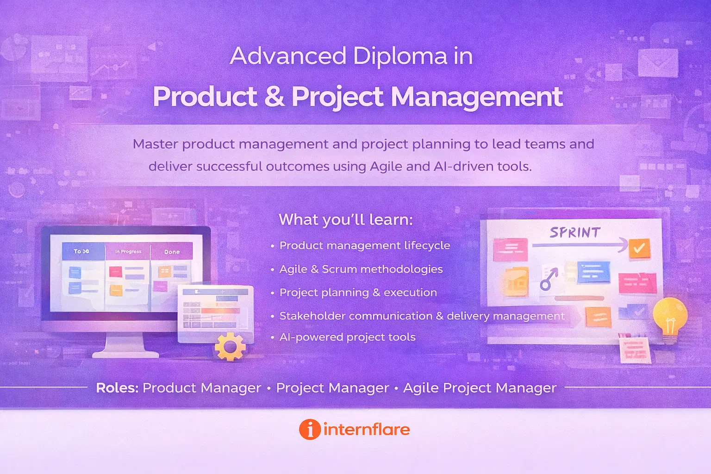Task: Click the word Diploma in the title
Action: [x=400, y=56]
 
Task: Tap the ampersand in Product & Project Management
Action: [x=274, y=97]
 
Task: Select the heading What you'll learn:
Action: [x=345, y=219]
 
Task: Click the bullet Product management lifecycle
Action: [x=364, y=245]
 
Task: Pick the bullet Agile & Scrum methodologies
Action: [x=361, y=269]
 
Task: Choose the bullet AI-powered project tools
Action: [x=347, y=337]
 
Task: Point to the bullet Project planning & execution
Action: [x=358, y=293]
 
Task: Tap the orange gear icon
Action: [x=230, y=347]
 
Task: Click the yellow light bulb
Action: [x=669, y=315]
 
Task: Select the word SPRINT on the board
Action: [x=575, y=232]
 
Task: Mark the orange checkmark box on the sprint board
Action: [x=639, y=249]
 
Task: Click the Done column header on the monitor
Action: [x=172, y=252]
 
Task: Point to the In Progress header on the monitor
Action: [x=128, y=251]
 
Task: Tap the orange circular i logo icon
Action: [x=310, y=429]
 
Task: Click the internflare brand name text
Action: [x=366, y=429]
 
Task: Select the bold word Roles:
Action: [x=117, y=387]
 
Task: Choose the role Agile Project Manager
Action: [x=480, y=387]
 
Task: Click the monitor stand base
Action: [x=125, y=354]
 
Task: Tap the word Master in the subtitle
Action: [x=155, y=144]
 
